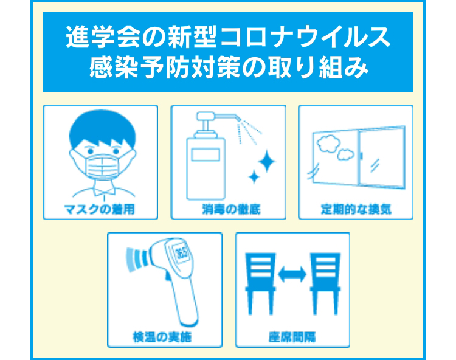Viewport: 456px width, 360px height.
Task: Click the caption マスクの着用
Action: (x=100, y=209)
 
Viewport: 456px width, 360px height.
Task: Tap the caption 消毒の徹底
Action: (x=231, y=209)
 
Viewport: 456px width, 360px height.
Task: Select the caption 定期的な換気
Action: (x=356, y=209)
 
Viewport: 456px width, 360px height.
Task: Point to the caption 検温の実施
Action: (x=162, y=337)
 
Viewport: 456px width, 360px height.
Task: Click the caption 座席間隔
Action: (x=292, y=337)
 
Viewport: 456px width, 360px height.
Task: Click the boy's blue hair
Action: (x=102, y=127)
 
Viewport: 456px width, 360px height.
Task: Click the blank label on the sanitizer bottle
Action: (x=206, y=154)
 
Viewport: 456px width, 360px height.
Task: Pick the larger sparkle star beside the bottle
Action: (x=266, y=161)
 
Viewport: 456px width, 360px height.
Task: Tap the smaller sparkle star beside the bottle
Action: (x=254, y=177)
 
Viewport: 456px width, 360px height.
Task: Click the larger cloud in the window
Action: (x=328, y=144)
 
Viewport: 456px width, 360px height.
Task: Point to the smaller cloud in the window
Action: (x=345, y=154)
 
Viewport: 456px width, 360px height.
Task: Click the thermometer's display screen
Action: (x=181, y=252)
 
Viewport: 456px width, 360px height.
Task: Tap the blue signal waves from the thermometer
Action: (x=136, y=260)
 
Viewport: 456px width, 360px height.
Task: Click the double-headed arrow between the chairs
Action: (x=292, y=274)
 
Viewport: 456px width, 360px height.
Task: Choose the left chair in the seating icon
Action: (x=260, y=284)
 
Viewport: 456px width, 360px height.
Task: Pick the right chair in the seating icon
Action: (x=325, y=284)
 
